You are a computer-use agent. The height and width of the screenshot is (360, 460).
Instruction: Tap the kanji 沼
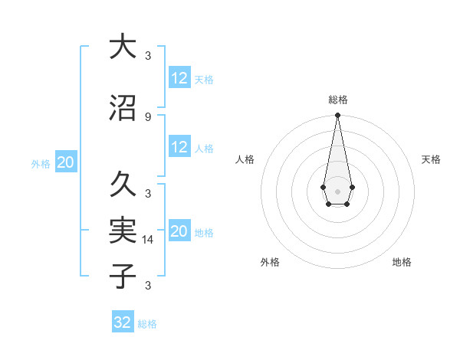123,110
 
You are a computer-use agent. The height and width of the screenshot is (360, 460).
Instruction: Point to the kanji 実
123,230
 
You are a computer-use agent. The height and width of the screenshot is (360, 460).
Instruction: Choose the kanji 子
123,276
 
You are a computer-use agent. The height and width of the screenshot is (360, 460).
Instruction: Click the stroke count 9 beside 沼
147,117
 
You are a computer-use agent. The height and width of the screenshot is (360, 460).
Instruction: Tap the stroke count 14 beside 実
149,240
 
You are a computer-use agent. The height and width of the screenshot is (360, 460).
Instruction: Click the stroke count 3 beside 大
147,55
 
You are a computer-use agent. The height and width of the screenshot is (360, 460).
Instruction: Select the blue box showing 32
123,322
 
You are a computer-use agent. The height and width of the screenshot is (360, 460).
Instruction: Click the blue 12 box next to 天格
179,78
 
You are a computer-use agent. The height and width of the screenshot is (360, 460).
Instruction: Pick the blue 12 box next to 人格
179,147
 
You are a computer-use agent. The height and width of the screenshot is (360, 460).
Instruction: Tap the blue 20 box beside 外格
66,162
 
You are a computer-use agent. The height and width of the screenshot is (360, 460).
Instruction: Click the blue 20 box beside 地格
179,231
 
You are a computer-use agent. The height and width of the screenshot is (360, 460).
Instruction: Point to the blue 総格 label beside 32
147,324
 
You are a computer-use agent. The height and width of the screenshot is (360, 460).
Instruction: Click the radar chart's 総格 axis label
337,100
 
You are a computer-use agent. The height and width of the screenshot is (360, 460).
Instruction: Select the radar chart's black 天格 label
431,159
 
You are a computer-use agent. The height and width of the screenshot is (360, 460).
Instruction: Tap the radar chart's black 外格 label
270,263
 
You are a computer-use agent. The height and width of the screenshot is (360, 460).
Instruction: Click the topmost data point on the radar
337,116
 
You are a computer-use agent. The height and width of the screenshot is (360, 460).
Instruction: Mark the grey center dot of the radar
337,190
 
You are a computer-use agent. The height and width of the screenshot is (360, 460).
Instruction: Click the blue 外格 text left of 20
41,164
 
